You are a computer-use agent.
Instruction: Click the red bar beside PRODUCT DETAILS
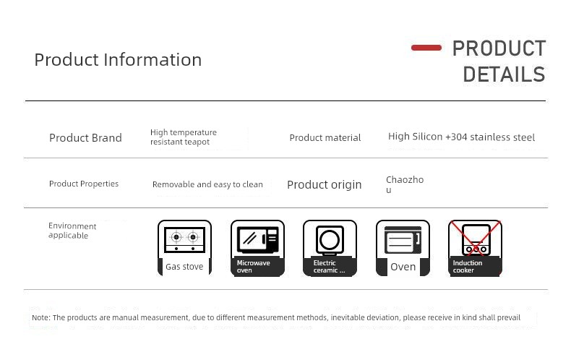tap(426, 48)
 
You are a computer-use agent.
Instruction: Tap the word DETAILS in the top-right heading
tap(504, 74)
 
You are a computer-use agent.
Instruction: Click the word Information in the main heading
tap(153, 60)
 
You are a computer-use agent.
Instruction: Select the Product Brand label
tap(85, 138)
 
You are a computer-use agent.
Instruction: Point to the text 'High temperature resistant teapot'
tap(184, 137)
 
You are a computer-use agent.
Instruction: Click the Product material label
tap(325, 138)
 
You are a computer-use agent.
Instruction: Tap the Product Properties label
tap(84, 184)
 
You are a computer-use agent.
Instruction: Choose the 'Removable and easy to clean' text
tap(207, 184)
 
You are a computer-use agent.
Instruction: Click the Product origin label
tap(324, 185)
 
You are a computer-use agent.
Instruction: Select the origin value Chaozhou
tap(405, 184)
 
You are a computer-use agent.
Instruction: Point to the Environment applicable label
tap(72, 231)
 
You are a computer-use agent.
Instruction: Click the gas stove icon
tap(184, 248)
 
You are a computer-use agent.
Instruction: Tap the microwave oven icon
tap(257, 248)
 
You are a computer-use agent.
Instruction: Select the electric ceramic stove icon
tap(330, 248)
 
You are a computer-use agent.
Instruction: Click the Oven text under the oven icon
tap(403, 267)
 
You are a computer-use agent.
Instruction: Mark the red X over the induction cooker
tap(475, 238)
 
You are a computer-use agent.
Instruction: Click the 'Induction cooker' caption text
tap(468, 266)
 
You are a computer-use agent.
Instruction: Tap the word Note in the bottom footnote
tap(40, 317)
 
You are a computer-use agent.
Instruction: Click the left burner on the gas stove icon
tap(176, 237)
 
